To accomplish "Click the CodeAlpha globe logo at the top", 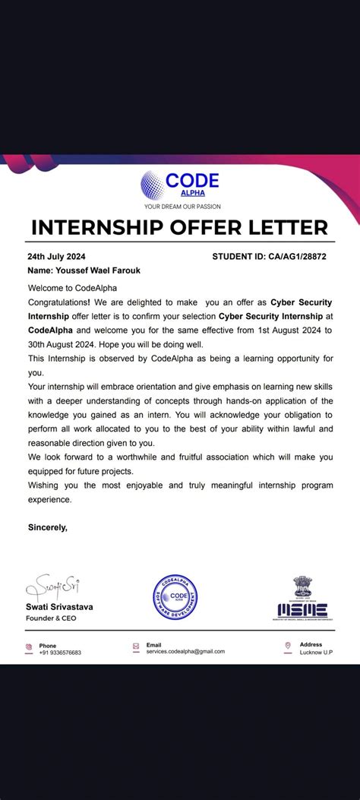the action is pyautogui.click(x=151, y=184).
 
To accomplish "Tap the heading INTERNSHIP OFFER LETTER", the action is pyautogui.click(x=180, y=227).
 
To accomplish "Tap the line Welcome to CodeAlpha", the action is pyautogui.click(x=67, y=288).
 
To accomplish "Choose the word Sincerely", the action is pyautogui.click(x=47, y=526).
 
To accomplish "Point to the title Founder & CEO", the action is pyautogui.click(x=52, y=618).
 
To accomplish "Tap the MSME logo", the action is pyautogui.click(x=302, y=609).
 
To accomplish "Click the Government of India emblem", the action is pyautogui.click(x=302, y=587).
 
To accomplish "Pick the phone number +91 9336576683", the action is pyautogui.click(x=60, y=653).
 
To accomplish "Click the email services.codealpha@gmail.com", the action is pyautogui.click(x=185, y=652).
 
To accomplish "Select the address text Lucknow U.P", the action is pyautogui.click(x=317, y=653).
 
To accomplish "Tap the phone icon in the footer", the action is pyautogui.click(x=29, y=647).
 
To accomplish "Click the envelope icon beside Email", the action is pyautogui.click(x=136, y=647).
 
